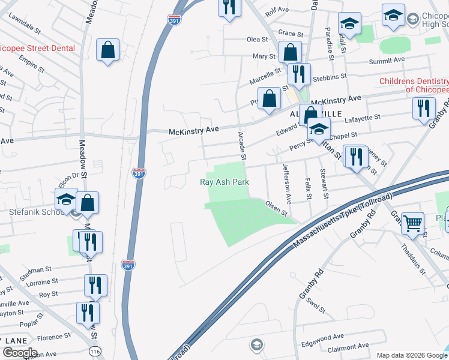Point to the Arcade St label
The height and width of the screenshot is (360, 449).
pos(242,146)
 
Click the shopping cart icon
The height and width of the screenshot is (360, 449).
pos(412,223)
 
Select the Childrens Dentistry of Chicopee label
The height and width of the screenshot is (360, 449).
pos(414,85)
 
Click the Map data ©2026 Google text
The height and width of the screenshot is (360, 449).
pos(411,355)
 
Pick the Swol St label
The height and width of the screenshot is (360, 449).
pos(315,304)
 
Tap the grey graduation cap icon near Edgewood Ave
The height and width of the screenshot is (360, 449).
pos(256,344)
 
